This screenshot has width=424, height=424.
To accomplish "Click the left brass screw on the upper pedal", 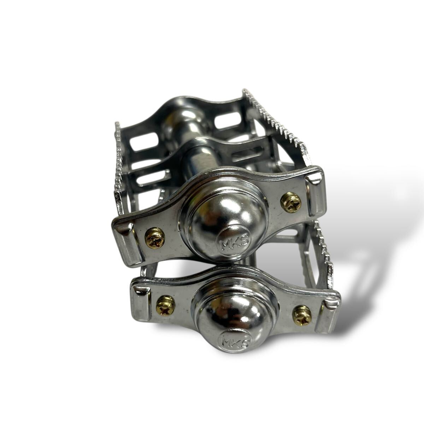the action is (155, 238).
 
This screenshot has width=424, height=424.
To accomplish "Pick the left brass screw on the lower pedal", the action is (165, 306).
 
